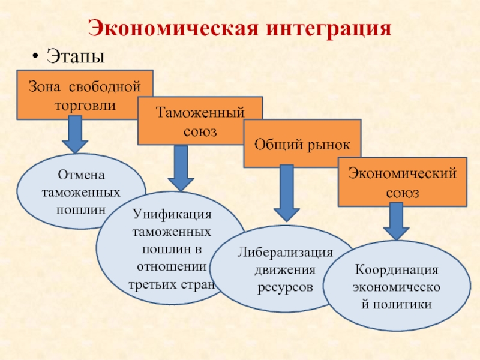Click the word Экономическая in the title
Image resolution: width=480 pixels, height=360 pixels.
[x=174, y=29]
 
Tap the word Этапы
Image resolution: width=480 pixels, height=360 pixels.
[x=76, y=56]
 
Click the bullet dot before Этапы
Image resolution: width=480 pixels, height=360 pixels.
[x=36, y=56]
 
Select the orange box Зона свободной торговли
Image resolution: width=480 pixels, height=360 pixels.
[x=85, y=95]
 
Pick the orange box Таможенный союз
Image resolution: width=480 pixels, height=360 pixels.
[x=200, y=121]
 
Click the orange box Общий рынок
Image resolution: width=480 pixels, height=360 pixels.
[x=302, y=143]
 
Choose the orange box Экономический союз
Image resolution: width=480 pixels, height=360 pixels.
[x=402, y=182]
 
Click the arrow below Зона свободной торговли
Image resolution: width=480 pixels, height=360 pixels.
[x=75, y=134]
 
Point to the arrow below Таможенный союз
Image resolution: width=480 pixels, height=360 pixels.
[x=181, y=168]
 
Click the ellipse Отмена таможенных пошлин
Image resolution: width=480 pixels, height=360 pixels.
[x=81, y=191]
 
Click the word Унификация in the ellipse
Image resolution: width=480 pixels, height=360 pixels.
[x=172, y=214]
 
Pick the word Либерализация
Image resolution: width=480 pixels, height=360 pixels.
[x=285, y=253]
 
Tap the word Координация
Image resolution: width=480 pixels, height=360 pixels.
[x=397, y=269]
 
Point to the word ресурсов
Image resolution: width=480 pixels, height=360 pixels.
[x=285, y=288]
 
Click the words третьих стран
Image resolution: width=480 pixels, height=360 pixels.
[x=172, y=284]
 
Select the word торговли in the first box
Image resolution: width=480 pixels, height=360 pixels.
[x=85, y=106]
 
